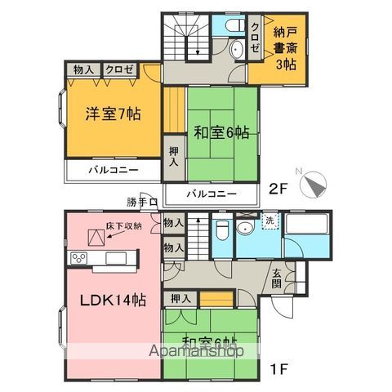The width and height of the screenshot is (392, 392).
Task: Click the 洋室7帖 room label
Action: tap(114, 114)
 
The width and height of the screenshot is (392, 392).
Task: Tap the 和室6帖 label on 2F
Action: tap(221, 131)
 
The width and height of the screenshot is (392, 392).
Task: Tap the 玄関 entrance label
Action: tap(278, 278)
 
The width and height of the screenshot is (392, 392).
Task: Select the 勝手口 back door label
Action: tap(140, 202)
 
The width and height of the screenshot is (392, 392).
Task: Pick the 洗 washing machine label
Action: tap(269, 220)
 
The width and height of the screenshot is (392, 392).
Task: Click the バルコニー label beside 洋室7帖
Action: tap(113, 170)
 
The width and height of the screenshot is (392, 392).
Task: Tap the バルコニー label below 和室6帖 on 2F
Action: tap(210, 194)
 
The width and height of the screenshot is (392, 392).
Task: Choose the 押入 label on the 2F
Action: tap(174, 157)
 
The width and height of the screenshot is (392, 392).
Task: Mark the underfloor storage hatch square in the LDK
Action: tap(96, 237)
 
